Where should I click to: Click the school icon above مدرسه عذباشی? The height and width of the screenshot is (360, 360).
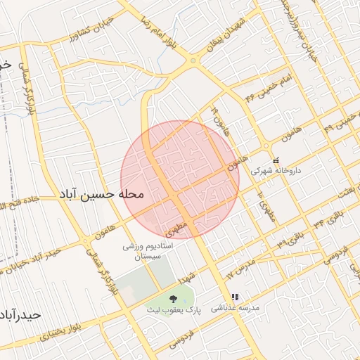click(235, 297)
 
